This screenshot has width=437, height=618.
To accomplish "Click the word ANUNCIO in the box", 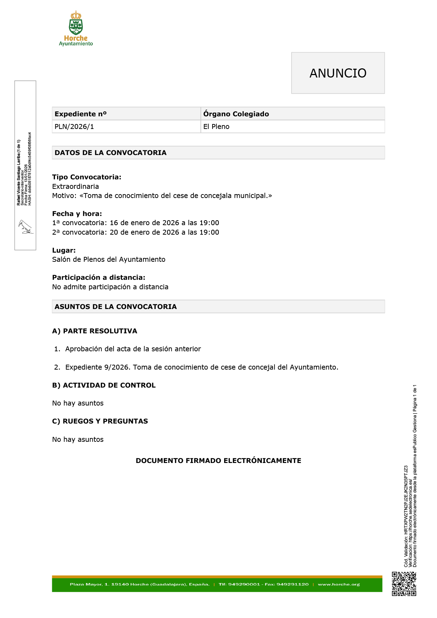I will click(338, 73).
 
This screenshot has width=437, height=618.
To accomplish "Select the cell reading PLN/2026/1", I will click(74, 127).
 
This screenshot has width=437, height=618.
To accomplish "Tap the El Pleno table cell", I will click(216, 127).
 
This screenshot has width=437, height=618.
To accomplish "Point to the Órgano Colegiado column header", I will click(236, 114).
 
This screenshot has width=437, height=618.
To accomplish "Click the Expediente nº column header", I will click(80, 114).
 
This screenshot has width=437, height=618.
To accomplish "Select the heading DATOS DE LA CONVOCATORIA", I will click(111, 153).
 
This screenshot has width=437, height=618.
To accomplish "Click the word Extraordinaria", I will click(75, 186).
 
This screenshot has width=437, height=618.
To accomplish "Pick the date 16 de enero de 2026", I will click(144, 223).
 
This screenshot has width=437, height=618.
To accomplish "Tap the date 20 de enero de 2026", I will click(144, 232).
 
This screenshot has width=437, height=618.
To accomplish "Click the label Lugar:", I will click(64, 250).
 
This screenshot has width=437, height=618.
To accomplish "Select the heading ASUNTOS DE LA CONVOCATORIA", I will click(116, 307).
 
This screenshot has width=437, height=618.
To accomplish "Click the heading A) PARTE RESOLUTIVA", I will click(94, 331).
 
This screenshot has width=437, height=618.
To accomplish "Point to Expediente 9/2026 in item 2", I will click(98, 367).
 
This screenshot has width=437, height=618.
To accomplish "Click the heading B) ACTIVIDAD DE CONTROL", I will click(104, 385).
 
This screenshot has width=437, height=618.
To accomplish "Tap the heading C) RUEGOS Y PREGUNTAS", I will click(100, 421).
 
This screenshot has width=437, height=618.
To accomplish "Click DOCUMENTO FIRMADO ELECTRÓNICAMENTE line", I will click(218, 461).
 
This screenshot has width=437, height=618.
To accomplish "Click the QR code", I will click(404, 584).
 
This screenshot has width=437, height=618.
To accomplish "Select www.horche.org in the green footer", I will click(339, 584).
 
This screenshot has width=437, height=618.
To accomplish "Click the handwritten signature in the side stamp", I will click(25, 227).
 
